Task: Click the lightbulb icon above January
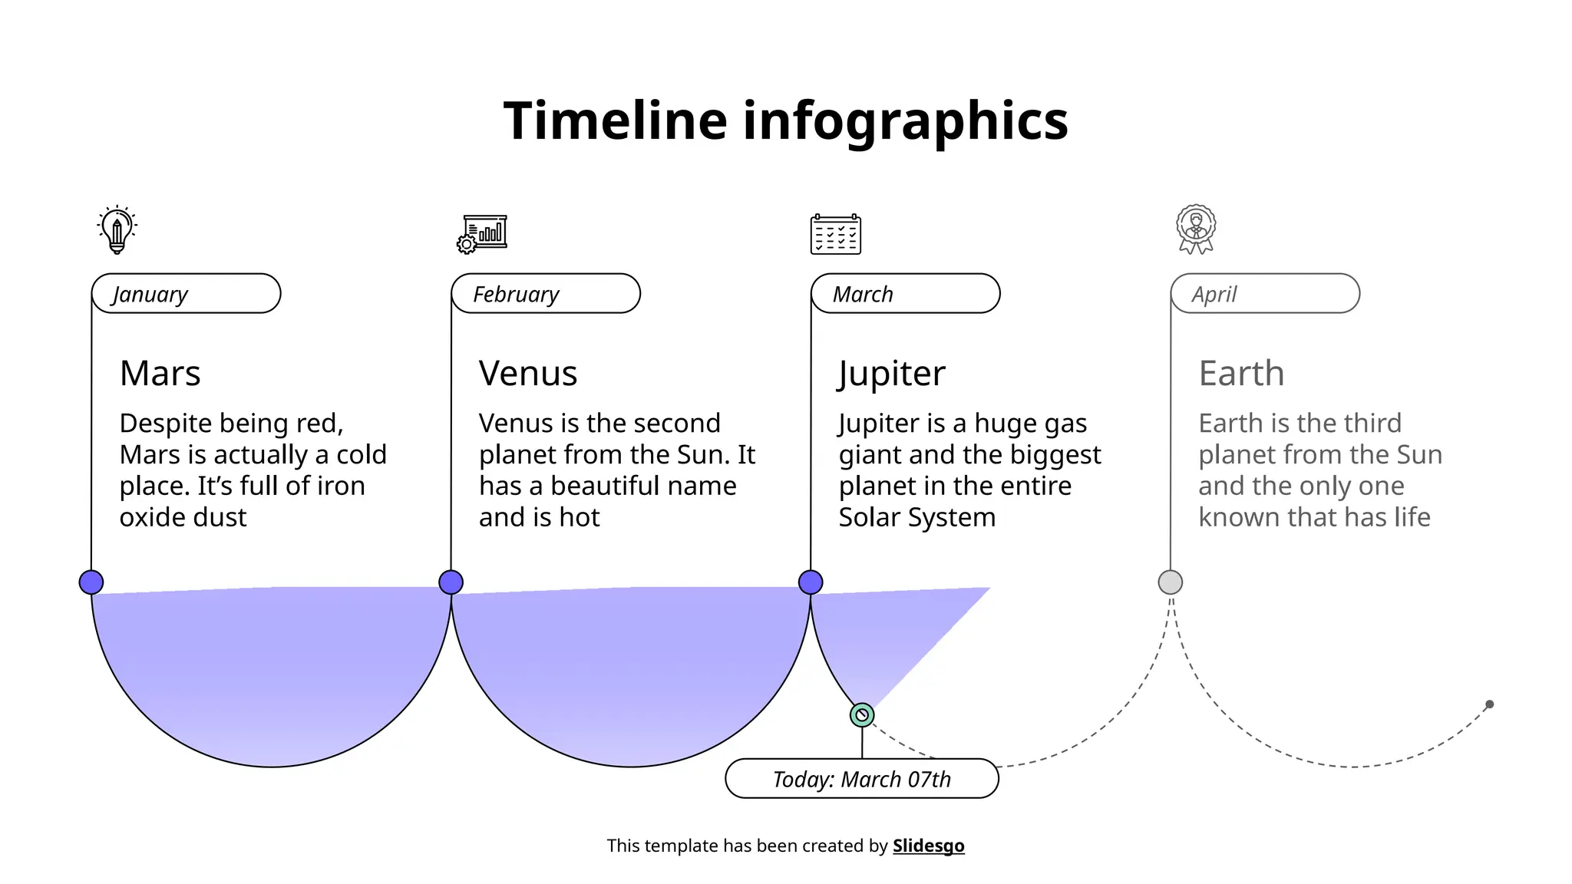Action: pos(117,229)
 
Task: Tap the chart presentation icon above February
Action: pos(482,233)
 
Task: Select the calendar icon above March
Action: pos(835,234)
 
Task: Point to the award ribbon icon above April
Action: pos(1195,229)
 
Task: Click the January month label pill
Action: pos(186,294)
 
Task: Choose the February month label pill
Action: pos(546,294)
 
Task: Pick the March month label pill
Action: pos(905,294)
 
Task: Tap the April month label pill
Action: pos(1264,294)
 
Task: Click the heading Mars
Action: pos(160,374)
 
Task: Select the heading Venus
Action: pos(527,374)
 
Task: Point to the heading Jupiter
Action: pos(891,374)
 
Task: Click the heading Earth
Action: pos(1240,374)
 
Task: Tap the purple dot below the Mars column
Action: pos(91,582)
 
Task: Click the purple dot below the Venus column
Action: pos(451,582)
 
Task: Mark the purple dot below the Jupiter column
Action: pos(811,582)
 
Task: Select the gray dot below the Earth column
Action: pos(1170,582)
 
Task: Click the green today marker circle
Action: pos(862,715)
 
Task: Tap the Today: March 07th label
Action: pos(861,779)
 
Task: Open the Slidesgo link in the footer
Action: pos(928,846)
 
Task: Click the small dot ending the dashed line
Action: pos(1489,704)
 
